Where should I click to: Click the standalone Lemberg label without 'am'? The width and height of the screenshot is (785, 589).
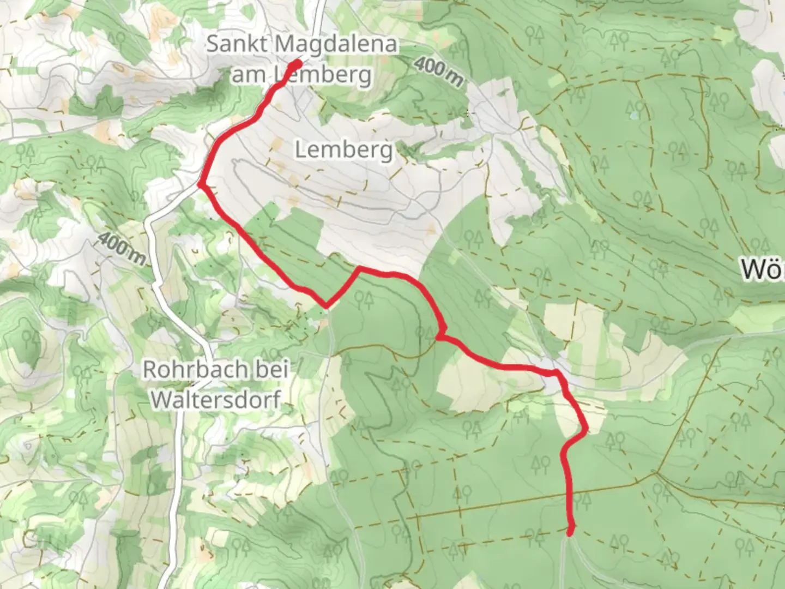pyautogui.click(x=343, y=149)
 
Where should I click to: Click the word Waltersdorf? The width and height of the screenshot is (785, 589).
pyautogui.click(x=215, y=400)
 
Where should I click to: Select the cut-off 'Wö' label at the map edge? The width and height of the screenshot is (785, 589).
pyautogui.click(x=763, y=270)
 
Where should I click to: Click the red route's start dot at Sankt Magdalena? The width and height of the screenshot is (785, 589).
pyautogui.click(x=297, y=64)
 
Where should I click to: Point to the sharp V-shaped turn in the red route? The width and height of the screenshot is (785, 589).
pyautogui.click(x=326, y=306)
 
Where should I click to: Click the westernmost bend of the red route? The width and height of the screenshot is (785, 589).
pyautogui.click(x=201, y=184)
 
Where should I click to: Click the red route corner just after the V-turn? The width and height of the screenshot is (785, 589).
pyautogui.click(x=358, y=269)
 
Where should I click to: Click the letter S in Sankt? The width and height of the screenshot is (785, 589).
pyautogui.click(x=213, y=44)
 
